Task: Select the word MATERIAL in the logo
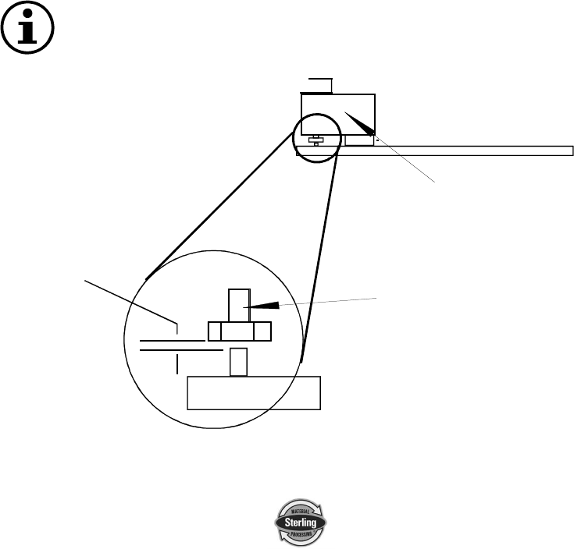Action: click(x=300, y=509)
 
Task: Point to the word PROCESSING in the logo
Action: click(x=300, y=533)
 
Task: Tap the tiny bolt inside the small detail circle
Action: click(x=314, y=140)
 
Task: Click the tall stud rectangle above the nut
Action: click(x=237, y=304)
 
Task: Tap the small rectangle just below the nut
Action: click(x=238, y=362)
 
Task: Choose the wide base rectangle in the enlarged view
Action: click(x=254, y=392)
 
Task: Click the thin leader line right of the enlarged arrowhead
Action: click(x=328, y=302)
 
